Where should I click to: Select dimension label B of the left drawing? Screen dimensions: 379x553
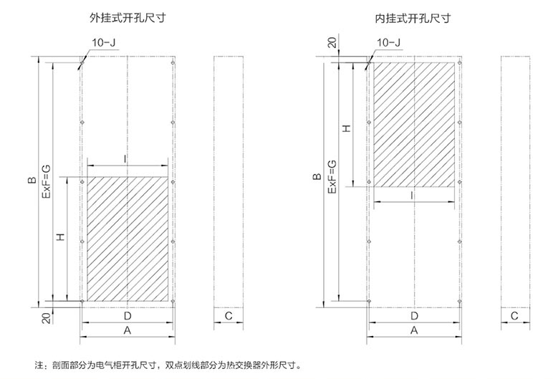pyautogui.click(x=32, y=181)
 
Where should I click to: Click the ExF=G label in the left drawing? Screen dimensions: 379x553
pyautogui.click(x=46, y=181)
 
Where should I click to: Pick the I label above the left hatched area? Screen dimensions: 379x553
pyautogui.click(x=126, y=157)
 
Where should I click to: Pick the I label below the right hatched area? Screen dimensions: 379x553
pyautogui.click(x=413, y=195)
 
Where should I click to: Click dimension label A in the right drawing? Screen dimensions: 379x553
pyautogui.click(x=413, y=330)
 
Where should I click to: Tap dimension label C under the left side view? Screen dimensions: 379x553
pyautogui.click(x=229, y=316)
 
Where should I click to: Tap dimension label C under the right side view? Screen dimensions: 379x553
pyautogui.click(x=514, y=316)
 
